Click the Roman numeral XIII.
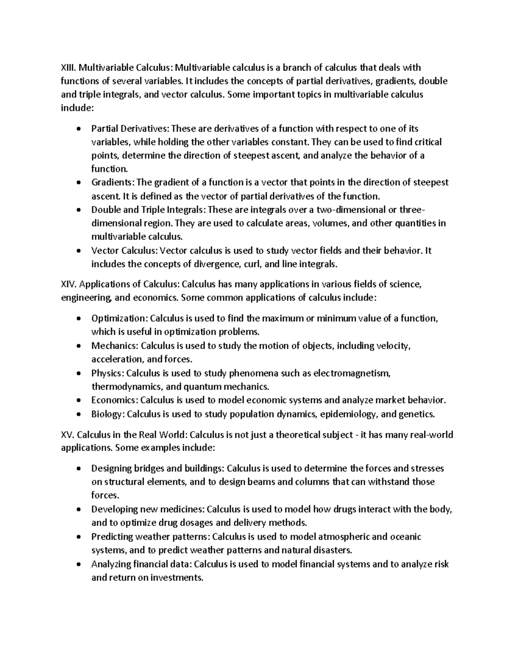[x=68, y=68]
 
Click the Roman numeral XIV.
[x=69, y=284]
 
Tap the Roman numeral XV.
[x=68, y=435]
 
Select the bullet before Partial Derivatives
[x=78, y=129]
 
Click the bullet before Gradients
[x=78, y=183]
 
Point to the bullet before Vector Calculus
[x=78, y=251]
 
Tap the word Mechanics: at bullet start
[x=115, y=346]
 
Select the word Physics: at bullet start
[x=107, y=373]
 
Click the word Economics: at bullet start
[x=114, y=400]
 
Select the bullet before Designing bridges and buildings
[x=78, y=469]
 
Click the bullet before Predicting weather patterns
[x=78, y=537]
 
